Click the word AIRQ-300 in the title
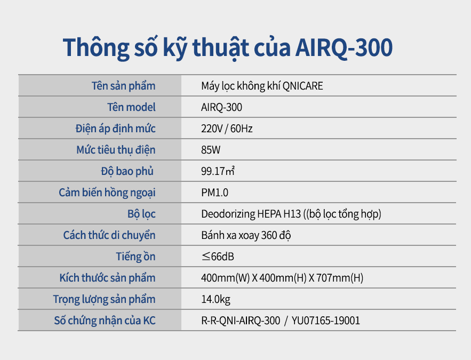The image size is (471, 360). point(344,47)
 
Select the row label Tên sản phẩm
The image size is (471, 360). point(123,86)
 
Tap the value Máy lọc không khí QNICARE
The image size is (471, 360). point(262,86)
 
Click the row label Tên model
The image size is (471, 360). point(132,107)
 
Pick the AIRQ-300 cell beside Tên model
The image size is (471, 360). point(222,107)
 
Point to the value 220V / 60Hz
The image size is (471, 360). point(227,129)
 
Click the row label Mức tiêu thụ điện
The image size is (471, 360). point(116,150)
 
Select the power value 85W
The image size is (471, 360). point(211,150)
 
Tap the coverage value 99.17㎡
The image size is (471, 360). point(218,171)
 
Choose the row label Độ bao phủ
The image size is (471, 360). point(127,171)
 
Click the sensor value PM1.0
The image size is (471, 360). point(215,193)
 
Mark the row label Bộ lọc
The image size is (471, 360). point(141,214)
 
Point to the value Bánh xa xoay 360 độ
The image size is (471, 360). point(246,235)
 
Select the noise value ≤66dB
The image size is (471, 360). point(218,257)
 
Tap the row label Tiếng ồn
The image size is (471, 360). point(136,257)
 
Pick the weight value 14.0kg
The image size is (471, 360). point(215,299)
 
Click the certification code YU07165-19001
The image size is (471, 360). point(326,321)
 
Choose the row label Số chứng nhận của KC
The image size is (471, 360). point(105,321)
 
